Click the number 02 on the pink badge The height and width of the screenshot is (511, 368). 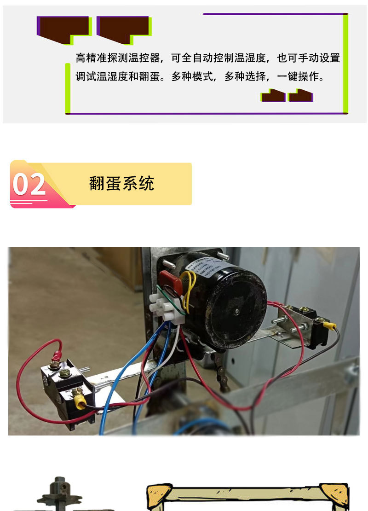point(29,184)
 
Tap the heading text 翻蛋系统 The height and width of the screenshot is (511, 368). point(121,183)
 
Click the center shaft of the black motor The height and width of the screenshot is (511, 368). point(236,311)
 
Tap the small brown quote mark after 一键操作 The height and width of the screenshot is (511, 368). point(274,96)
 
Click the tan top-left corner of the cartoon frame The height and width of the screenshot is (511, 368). point(159,494)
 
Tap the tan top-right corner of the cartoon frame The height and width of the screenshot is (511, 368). point(334,494)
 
